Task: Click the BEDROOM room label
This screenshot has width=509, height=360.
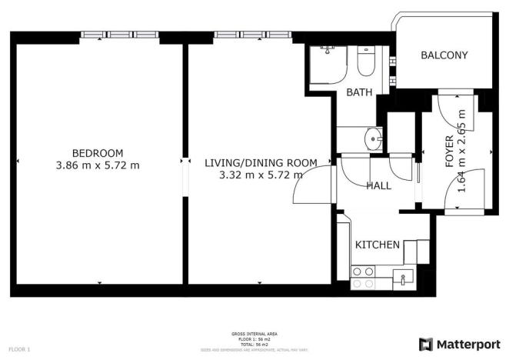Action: click(98, 152)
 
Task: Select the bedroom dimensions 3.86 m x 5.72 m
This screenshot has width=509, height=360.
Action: click(98, 165)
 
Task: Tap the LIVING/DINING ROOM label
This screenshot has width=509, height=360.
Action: click(261, 162)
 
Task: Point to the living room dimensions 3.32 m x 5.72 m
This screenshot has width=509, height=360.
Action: click(261, 175)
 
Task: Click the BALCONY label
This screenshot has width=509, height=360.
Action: click(444, 55)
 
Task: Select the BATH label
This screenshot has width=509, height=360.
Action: click(359, 92)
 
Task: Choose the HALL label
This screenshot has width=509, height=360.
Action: click(378, 185)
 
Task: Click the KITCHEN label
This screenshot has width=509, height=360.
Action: click(377, 245)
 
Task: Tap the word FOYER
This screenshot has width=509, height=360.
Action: click(450, 152)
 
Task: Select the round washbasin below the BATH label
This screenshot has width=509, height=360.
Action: click(374, 139)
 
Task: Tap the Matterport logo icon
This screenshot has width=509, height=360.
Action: click(425, 343)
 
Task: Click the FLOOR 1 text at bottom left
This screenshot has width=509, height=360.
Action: click(19, 349)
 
